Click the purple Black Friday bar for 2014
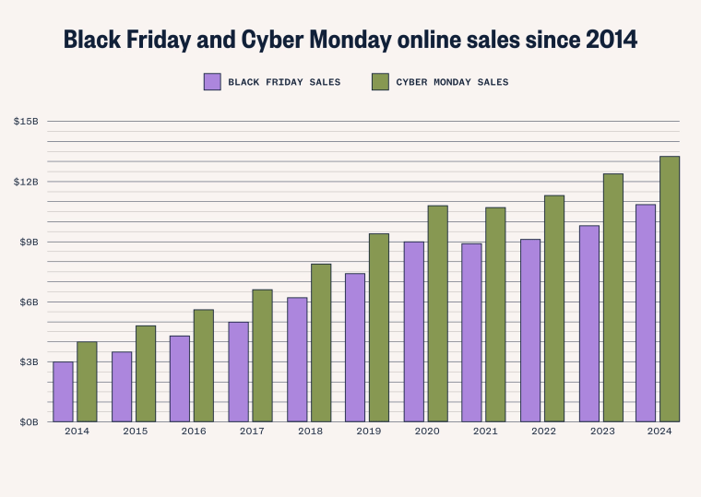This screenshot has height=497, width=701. [63, 392]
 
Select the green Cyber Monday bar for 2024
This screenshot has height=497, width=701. [670, 290]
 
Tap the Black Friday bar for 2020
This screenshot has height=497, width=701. [413, 332]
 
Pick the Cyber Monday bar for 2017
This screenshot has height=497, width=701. [262, 356]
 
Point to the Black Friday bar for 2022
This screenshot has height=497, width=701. [530, 331]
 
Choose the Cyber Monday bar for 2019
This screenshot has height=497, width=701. [379, 328]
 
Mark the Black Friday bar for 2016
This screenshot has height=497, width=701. [180, 379]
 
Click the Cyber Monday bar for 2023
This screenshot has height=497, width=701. [612, 298]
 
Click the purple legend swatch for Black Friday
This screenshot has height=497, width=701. [212, 82]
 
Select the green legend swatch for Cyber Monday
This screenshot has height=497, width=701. [380, 82]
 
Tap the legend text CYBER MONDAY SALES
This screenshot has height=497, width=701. [452, 82]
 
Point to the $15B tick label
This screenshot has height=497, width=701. [26, 122]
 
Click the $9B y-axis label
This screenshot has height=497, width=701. [28, 242]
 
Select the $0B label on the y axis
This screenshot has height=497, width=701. [28, 422]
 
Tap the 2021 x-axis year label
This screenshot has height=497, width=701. [484, 432]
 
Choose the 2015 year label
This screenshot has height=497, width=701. [135, 432]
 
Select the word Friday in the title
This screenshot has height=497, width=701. [158, 40]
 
